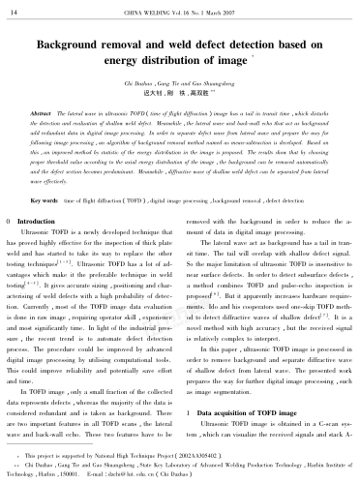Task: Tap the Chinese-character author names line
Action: click(x=179, y=97)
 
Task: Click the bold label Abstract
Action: click(x=45, y=114)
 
